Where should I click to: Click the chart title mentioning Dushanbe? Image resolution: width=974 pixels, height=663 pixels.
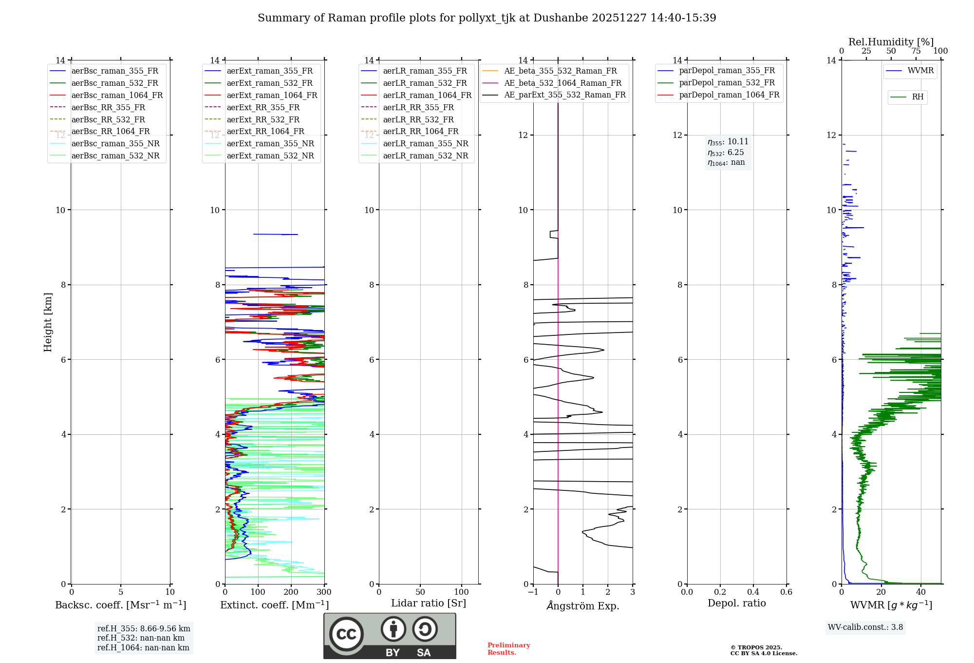click(x=487, y=18)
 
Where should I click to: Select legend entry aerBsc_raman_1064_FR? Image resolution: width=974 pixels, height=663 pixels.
click(x=117, y=95)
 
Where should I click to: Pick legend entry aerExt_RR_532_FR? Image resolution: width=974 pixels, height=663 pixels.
click(x=263, y=119)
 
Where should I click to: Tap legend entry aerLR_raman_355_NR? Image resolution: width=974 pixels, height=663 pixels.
click(x=425, y=143)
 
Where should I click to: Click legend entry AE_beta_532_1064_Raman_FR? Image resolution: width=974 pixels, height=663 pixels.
click(x=562, y=83)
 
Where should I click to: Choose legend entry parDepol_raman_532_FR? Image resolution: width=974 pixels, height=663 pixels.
click(x=727, y=83)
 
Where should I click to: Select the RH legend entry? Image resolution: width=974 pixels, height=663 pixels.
click(x=918, y=97)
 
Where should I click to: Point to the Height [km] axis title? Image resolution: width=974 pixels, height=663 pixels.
click(x=48, y=322)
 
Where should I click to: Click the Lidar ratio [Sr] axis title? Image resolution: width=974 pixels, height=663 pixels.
click(x=429, y=603)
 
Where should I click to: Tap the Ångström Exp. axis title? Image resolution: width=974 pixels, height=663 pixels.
click(x=583, y=606)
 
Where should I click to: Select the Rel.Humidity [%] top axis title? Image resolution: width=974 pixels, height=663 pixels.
click(x=891, y=42)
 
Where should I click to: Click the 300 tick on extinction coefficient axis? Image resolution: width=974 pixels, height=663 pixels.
click(x=324, y=592)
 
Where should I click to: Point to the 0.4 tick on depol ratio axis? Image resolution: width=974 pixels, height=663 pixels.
click(x=753, y=592)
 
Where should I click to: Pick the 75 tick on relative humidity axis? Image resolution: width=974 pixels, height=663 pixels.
click(x=916, y=51)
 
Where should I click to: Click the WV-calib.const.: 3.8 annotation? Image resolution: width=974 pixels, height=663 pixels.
click(x=865, y=627)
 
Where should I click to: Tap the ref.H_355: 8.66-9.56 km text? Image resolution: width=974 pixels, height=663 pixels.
click(x=144, y=629)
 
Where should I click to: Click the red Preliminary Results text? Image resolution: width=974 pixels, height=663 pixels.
click(x=508, y=649)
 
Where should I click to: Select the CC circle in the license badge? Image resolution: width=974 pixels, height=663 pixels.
click(x=346, y=634)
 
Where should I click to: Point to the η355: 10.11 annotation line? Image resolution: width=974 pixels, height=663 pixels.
click(x=728, y=142)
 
